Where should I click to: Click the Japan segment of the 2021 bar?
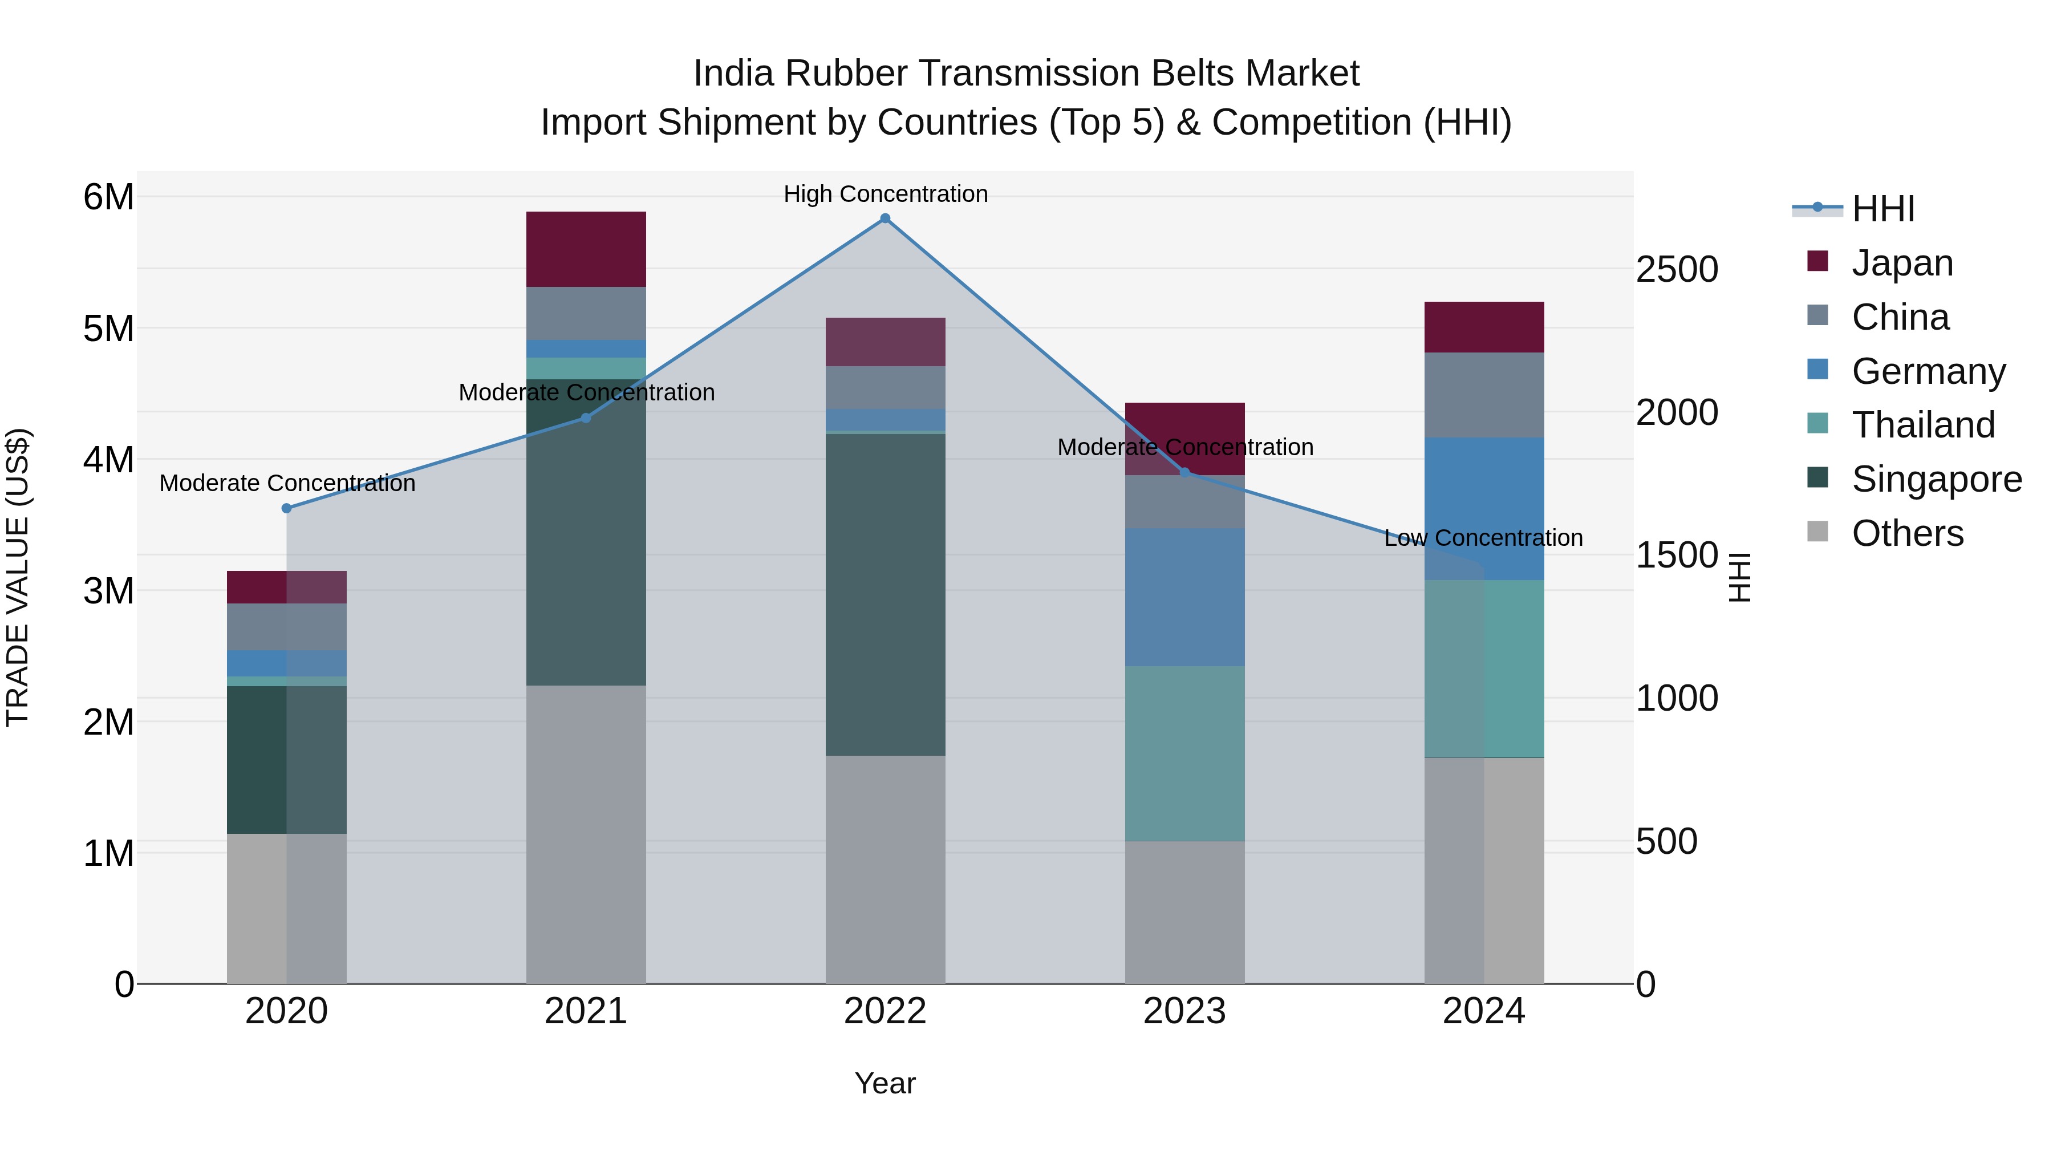pos(586,249)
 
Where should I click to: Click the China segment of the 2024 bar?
pos(1483,395)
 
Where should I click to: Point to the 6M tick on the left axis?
pos(108,197)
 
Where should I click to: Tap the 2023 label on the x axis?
pos(1184,1011)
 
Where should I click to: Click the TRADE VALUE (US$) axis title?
pos(18,577)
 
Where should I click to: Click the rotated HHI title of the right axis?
pos(1740,577)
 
